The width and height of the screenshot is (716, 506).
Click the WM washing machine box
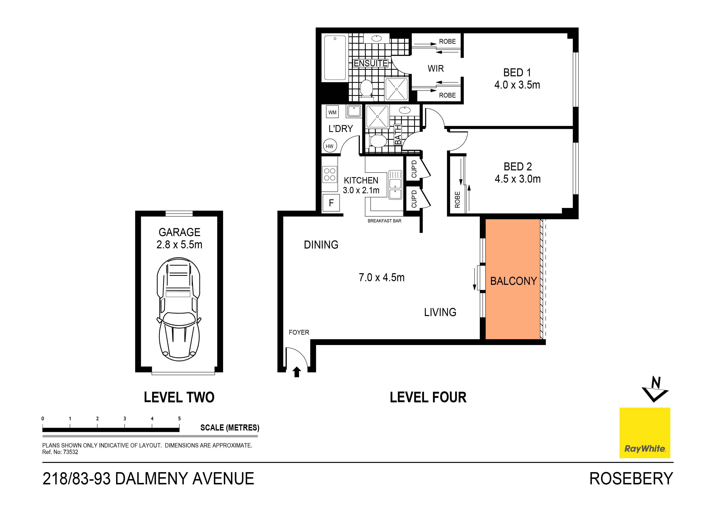[332, 112]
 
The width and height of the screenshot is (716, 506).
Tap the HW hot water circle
[330, 146]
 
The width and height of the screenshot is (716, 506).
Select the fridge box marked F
[331, 203]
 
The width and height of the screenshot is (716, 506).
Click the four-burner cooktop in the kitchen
[330, 174]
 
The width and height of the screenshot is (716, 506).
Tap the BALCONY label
[513, 281]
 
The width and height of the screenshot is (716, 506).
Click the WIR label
[436, 69]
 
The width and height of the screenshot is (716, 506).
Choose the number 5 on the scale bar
[179, 418]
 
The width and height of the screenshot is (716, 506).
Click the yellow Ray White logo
[645, 433]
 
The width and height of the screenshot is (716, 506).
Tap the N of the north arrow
[656, 383]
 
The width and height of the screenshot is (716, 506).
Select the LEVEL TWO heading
[179, 397]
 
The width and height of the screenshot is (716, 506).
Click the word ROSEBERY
[631, 479]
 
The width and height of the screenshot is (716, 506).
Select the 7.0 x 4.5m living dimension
[381, 277]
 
